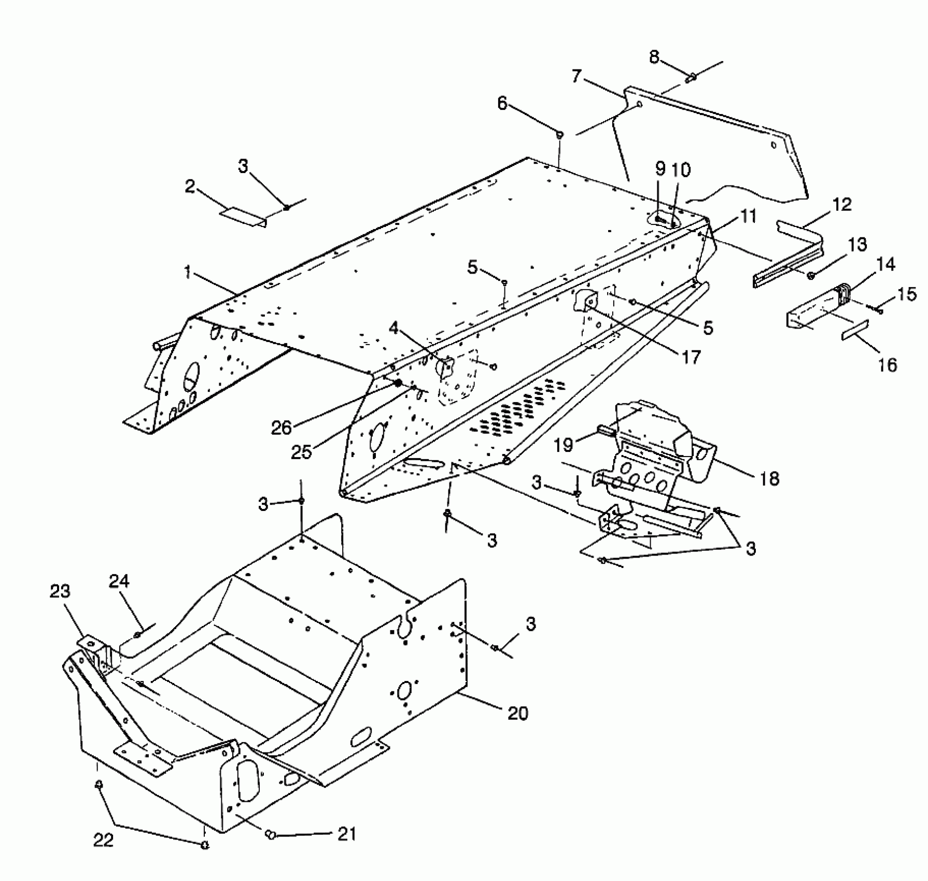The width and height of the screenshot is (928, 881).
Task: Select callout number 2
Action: (190, 187)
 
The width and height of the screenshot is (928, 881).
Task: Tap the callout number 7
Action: (577, 77)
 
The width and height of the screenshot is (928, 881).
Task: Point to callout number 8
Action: (654, 57)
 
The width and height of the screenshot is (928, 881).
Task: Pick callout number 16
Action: (887, 365)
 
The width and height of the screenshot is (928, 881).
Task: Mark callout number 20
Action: (517, 713)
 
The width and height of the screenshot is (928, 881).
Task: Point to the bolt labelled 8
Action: (692, 78)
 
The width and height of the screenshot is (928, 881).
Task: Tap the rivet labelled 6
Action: (560, 135)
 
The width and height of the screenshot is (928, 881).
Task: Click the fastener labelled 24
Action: (137, 635)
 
